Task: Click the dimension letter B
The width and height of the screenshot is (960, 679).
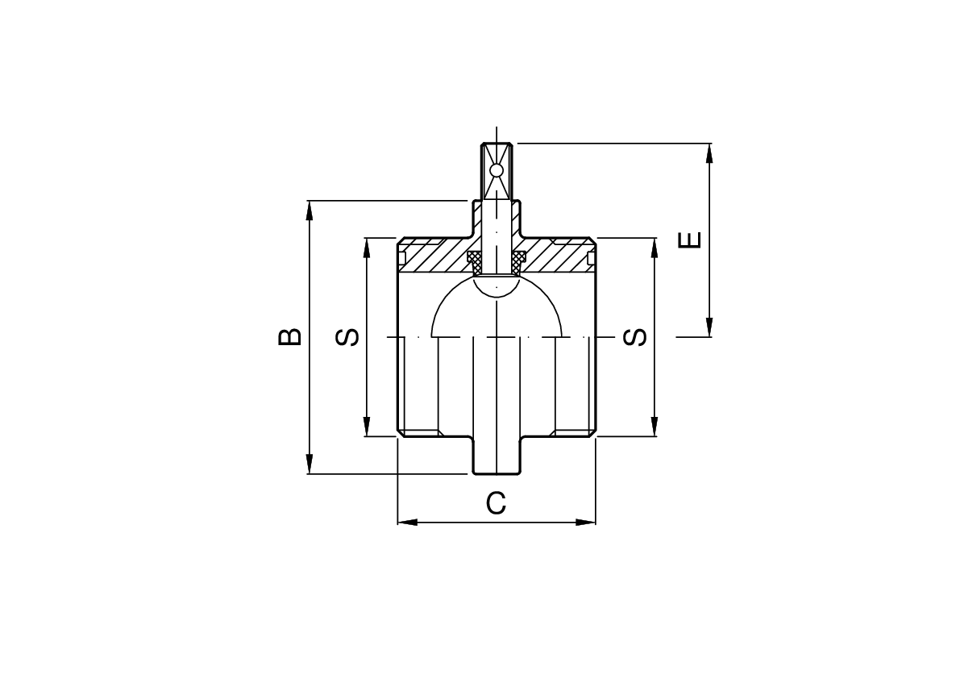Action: click(290, 337)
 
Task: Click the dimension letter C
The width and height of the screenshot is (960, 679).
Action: click(496, 503)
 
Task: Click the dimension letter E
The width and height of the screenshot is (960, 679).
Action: click(690, 240)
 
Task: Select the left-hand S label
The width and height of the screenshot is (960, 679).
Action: click(347, 337)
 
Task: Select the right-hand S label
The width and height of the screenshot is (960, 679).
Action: click(635, 337)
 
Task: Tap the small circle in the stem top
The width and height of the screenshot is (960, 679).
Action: click(497, 169)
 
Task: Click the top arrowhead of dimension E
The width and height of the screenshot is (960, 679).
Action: click(709, 152)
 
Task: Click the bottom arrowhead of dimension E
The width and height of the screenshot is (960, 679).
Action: click(709, 327)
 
